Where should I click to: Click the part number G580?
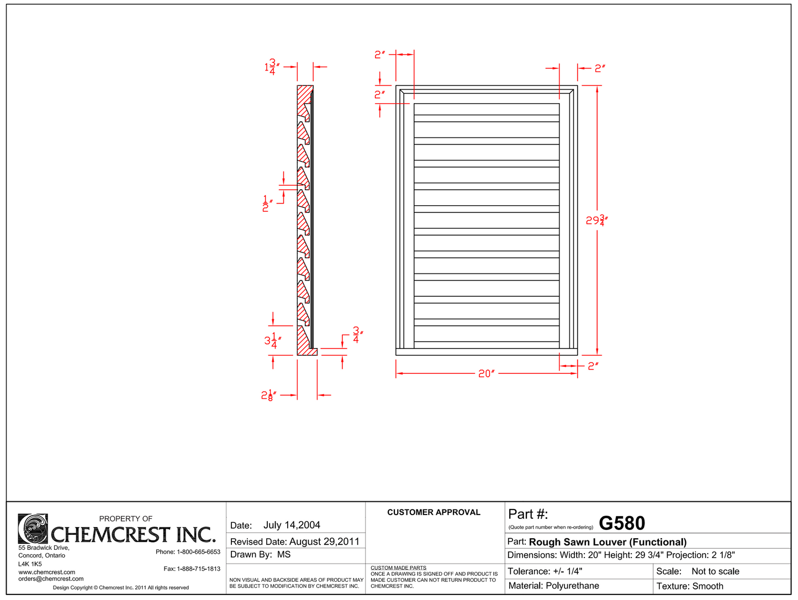[x=621, y=523]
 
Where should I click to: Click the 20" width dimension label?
[x=486, y=373]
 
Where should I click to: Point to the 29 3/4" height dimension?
[x=596, y=221]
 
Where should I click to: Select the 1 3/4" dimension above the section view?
[x=271, y=67]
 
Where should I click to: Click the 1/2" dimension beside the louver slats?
[x=266, y=203]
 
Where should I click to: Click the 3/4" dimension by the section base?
[x=357, y=335]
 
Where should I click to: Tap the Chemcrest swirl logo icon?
[x=33, y=529]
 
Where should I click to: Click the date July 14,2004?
[x=292, y=525]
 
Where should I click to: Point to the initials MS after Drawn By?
[x=284, y=554]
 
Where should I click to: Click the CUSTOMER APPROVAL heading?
[x=434, y=512]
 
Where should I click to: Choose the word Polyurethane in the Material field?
[x=572, y=586]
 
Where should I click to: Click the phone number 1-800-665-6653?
[x=198, y=551]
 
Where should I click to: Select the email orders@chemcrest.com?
[x=51, y=578]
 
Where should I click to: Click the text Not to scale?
[x=715, y=571]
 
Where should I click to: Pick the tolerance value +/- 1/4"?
[x=567, y=571]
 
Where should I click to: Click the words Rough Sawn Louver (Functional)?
[x=607, y=542]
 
